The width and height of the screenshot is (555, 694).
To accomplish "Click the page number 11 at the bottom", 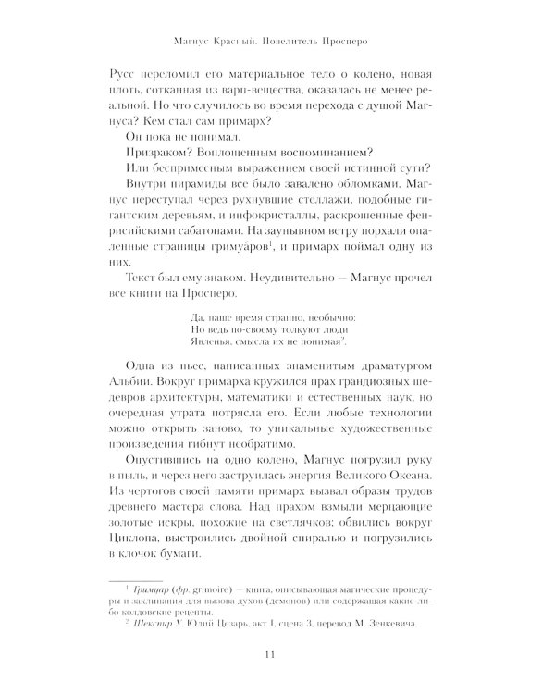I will pos(277,655).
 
